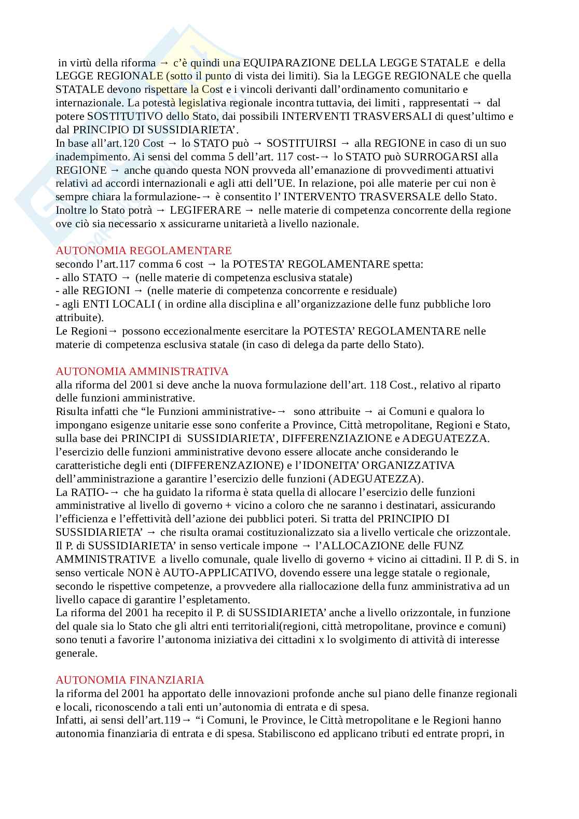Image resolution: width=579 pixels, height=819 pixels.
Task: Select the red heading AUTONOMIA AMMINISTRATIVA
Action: pyautogui.click(x=142, y=371)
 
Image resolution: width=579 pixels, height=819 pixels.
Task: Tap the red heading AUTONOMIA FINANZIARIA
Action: pyautogui.click(x=130, y=680)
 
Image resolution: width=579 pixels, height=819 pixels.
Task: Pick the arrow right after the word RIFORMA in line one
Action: pyautogui.click(x=164, y=63)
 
